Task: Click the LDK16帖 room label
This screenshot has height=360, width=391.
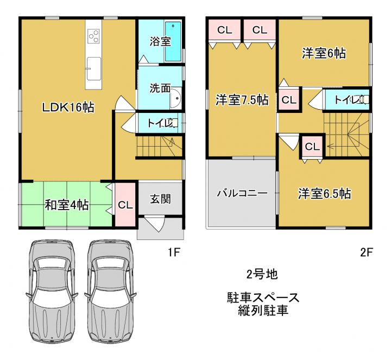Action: [68, 108]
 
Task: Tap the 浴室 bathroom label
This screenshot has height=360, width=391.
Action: [160, 41]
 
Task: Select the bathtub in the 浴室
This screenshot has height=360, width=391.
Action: [173, 41]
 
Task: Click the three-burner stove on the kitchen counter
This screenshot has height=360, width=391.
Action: [93, 36]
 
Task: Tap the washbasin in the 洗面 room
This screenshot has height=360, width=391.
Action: [176, 98]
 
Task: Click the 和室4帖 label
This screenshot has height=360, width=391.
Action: [67, 206]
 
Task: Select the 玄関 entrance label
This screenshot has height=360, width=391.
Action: [160, 199]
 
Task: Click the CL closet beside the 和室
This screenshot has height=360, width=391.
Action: [125, 205]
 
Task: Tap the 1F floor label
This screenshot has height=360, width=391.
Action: [173, 252]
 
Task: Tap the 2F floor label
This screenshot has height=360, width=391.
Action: [366, 252]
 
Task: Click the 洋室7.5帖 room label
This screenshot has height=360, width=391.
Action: [242, 100]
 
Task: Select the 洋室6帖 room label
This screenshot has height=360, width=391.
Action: [324, 53]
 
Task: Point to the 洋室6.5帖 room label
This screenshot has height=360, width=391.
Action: [324, 193]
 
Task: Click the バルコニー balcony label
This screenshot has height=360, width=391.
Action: [242, 193]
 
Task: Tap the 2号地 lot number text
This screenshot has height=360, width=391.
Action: [262, 275]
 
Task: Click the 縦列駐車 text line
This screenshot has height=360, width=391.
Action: [263, 311]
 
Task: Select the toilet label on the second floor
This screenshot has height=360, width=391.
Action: [346, 100]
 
